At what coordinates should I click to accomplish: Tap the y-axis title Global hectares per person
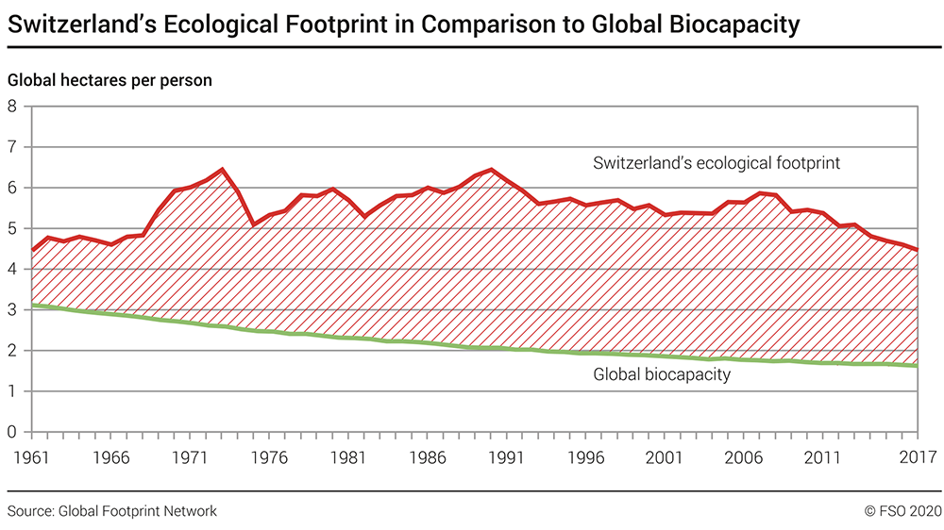pos(110,80)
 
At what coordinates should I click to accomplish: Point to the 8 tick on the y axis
pos(13,106)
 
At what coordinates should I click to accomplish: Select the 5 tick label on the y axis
pos(13,228)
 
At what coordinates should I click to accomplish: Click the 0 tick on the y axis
pos(13,432)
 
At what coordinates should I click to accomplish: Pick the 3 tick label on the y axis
pos(13,309)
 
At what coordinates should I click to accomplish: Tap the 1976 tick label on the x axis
pos(270,457)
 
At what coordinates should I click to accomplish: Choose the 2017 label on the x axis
pos(916,457)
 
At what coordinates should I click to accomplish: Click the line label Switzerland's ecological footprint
pos(716,163)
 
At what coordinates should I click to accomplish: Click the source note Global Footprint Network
pos(112,511)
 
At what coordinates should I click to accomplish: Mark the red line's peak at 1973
pos(222,170)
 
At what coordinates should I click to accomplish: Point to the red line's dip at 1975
pos(253,224)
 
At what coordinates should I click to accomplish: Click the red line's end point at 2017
pos(918,250)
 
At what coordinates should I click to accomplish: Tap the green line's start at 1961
pos(32,305)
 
